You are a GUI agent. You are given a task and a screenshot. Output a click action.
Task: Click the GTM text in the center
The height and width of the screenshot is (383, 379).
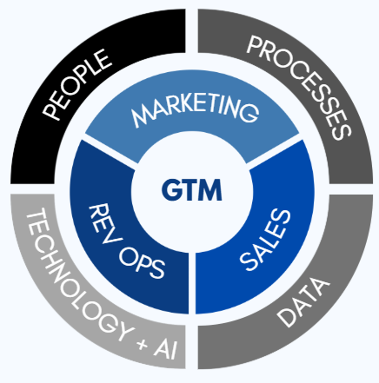tap(192, 190)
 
